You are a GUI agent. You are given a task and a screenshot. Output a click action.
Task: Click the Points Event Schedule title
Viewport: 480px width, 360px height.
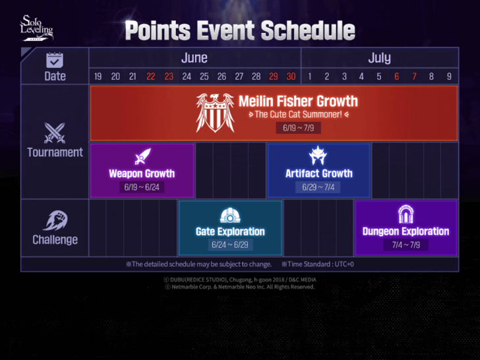click(x=240, y=30)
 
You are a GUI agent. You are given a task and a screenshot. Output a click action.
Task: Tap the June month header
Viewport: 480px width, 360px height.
click(x=194, y=58)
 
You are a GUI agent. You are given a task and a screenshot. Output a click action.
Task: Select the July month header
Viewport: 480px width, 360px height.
click(x=379, y=58)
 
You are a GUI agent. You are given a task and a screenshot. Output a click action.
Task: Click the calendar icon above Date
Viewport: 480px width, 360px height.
click(x=55, y=60)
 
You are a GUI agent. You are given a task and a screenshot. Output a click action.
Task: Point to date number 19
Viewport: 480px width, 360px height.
click(x=98, y=76)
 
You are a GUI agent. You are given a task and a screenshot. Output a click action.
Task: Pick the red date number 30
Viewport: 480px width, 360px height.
click(x=291, y=76)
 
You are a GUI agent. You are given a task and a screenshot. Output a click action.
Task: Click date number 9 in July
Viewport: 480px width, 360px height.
click(x=449, y=76)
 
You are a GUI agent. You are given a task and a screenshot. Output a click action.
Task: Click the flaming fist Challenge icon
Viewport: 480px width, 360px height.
click(x=55, y=220)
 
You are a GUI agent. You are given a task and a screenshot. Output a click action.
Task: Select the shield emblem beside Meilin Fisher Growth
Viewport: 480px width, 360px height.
click(x=215, y=112)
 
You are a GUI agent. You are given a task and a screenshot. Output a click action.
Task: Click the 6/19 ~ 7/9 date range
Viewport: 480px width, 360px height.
click(x=299, y=128)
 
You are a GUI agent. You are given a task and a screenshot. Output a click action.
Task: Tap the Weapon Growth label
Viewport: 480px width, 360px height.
click(x=142, y=173)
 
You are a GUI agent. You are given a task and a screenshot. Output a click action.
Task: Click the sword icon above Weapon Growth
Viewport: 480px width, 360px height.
click(x=142, y=157)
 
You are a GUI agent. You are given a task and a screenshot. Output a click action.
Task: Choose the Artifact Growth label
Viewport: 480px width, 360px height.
click(x=319, y=173)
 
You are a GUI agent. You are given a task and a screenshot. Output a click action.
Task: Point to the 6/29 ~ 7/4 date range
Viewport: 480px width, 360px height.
click(x=319, y=187)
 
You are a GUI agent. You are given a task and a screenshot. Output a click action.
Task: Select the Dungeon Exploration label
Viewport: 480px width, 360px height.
click(x=405, y=231)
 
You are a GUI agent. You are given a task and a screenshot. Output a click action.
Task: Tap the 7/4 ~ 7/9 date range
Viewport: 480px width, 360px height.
click(x=405, y=245)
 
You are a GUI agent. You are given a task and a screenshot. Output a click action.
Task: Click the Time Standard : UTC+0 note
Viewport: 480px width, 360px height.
click(x=317, y=264)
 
